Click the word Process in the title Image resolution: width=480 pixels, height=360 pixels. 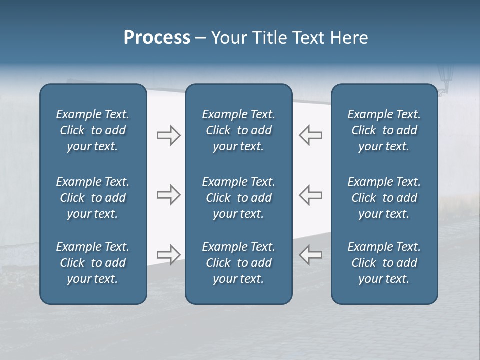pyautogui.click(x=157, y=38)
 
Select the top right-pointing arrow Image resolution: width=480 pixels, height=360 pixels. pyautogui.click(x=168, y=135)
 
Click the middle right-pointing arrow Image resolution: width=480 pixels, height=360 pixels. pyautogui.click(x=168, y=195)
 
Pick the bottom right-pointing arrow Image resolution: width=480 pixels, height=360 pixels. pyautogui.click(x=168, y=255)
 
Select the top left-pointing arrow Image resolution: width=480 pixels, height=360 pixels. pyautogui.click(x=311, y=135)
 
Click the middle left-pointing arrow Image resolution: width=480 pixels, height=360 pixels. pyautogui.click(x=311, y=195)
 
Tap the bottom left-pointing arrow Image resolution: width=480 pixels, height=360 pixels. pyautogui.click(x=311, y=255)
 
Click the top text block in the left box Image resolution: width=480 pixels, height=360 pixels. pyautogui.click(x=93, y=130)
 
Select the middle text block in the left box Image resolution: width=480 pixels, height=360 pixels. pyautogui.click(x=93, y=198)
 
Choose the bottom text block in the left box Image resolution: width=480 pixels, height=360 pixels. pyautogui.click(x=93, y=263)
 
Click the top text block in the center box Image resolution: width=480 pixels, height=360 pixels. pyautogui.click(x=238, y=130)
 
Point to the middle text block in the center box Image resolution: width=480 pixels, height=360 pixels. pyautogui.click(x=238, y=198)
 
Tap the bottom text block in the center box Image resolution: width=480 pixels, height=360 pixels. pyautogui.click(x=238, y=263)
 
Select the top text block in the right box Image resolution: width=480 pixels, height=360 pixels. pyautogui.click(x=384, y=130)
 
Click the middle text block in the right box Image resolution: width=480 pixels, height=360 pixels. pyautogui.click(x=384, y=198)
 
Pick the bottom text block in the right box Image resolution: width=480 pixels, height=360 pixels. pyautogui.click(x=384, y=263)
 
